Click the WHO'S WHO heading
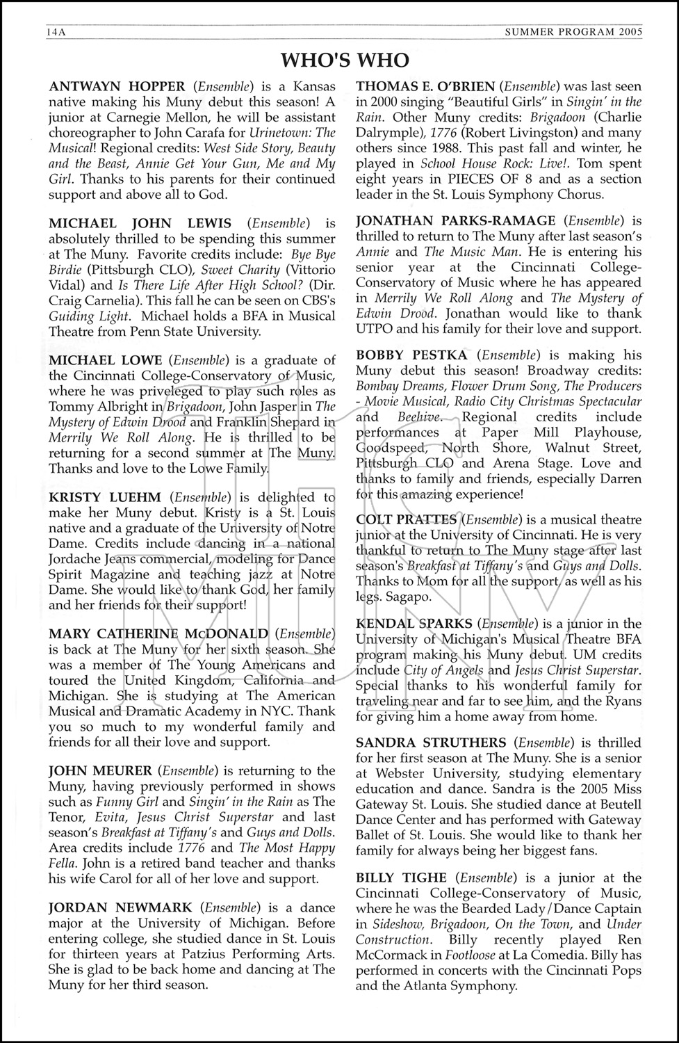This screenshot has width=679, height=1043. click(x=345, y=60)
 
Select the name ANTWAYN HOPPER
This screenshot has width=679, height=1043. click(x=117, y=86)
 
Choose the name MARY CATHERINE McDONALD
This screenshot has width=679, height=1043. click(x=158, y=633)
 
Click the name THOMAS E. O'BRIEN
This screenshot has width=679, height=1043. click(x=425, y=86)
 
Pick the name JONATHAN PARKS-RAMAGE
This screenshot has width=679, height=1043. click(x=455, y=221)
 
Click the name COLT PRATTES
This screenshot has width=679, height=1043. click(x=406, y=519)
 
